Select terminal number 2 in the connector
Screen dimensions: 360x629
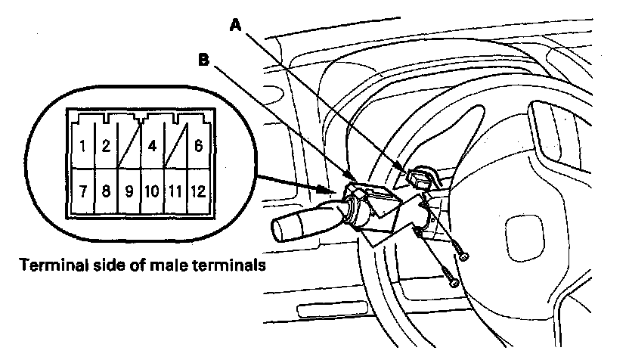coord(107,145)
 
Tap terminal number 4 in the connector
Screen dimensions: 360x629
coord(153,145)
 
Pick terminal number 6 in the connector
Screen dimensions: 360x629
coord(197,145)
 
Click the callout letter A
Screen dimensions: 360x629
coord(235,25)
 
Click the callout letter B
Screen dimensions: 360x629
coord(203,59)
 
